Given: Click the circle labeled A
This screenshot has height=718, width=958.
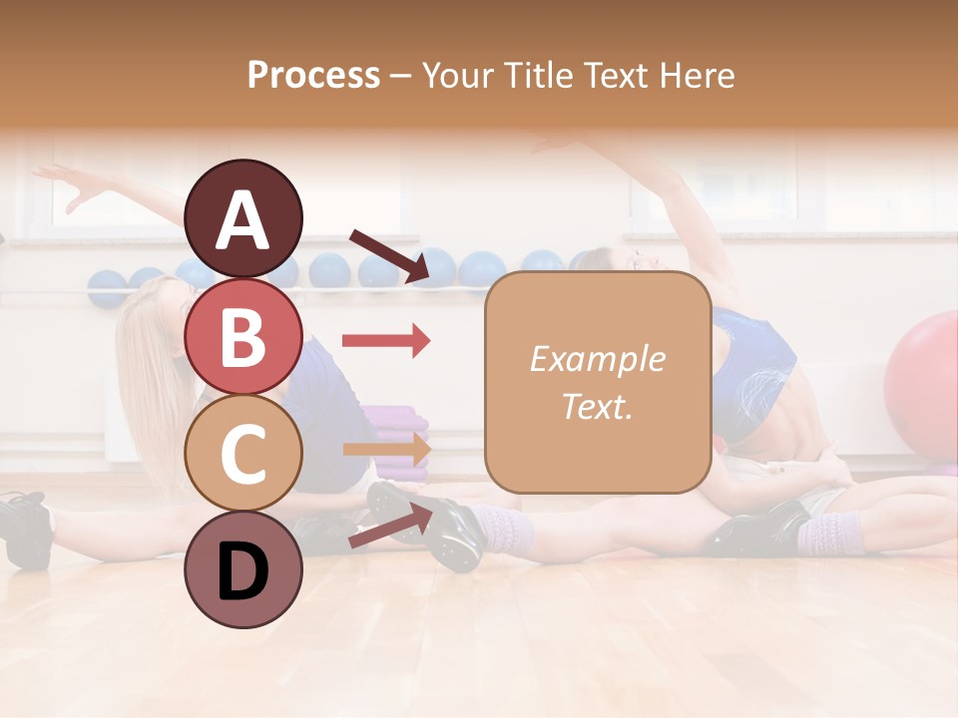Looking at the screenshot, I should click(x=242, y=218).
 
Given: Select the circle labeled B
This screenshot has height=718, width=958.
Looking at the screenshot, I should click(x=242, y=337).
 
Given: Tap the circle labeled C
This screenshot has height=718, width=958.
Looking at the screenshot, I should click(x=242, y=454).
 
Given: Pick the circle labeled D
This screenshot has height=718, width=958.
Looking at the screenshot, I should click(x=242, y=570).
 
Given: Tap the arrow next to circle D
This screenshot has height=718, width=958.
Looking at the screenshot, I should click(x=390, y=526).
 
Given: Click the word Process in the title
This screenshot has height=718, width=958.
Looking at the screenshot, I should click(x=313, y=75).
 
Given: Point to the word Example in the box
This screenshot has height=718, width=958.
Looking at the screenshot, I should click(x=597, y=359).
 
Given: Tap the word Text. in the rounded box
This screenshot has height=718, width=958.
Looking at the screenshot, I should click(x=597, y=406).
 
